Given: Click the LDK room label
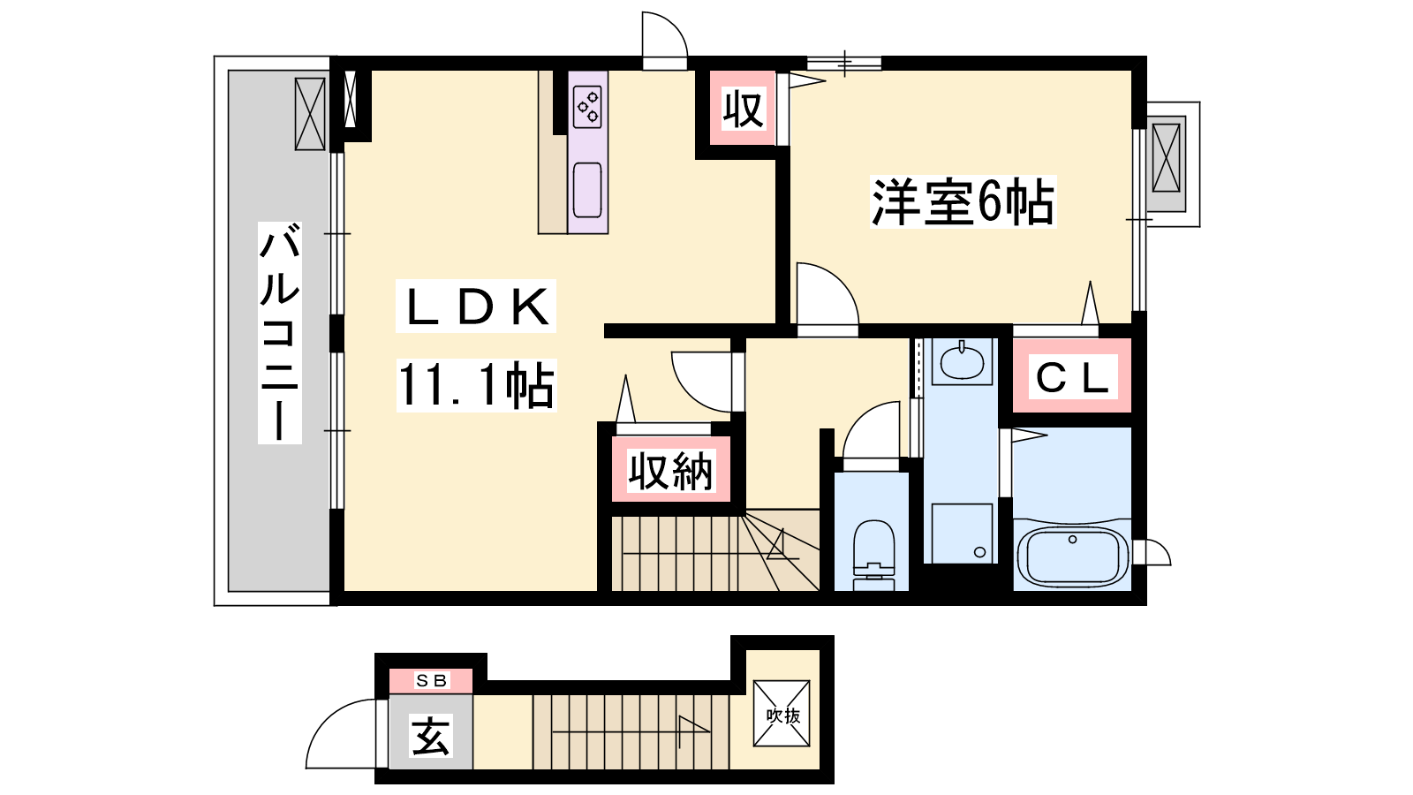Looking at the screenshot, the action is (x=476, y=306).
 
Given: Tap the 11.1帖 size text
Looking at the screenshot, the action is (x=476, y=385).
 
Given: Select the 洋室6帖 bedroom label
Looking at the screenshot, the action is (x=963, y=202).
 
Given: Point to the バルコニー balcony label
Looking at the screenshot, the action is (x=279, y=332).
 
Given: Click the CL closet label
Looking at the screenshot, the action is (x=1072, y=377).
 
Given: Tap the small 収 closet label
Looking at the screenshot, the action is (x=744, y=110).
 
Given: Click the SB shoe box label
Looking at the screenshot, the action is (x=432, y=681).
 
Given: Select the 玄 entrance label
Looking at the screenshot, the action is (x=431, y=735).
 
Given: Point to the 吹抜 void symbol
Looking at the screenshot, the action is (x=782, y=714).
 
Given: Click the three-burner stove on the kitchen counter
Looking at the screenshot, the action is (x=587, y=107).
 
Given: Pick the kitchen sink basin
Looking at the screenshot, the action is (x=587, y=189).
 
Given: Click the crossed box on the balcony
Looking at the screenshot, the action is (x=310, y=114).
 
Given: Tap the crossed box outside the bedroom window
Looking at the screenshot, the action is (x=1166, y=158).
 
